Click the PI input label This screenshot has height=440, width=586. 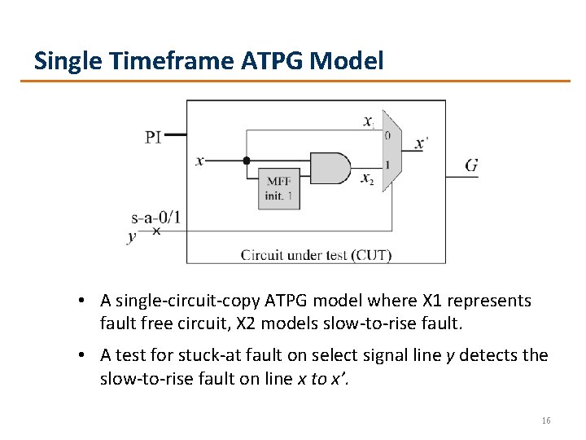coord(153,136)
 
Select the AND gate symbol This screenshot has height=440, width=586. coord(330,167)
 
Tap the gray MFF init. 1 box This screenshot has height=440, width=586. coord(279,188)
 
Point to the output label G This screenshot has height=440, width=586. coord(470,165)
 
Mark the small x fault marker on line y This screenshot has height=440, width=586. coord(157,231)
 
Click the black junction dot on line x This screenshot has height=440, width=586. coord(247,161)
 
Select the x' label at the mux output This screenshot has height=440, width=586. coord(421,143)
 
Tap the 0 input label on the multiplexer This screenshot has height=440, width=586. coord(387,135)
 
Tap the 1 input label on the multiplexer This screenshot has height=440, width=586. coord(387,165)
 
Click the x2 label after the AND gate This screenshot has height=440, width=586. coord(367,178)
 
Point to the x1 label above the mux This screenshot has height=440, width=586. coord(369,121)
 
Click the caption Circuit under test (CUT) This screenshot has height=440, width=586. coord(316,255)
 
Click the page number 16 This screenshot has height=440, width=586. coord(545,420)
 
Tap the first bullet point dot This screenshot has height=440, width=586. coord(84,301)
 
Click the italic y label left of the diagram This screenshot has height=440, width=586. coord(132,237)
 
